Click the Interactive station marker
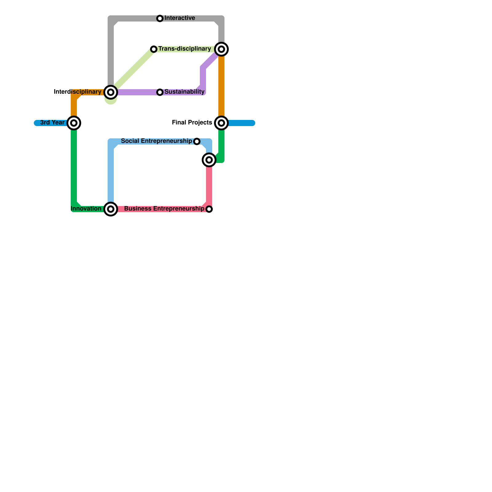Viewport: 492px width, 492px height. pyautogui.click(x=160, y=18)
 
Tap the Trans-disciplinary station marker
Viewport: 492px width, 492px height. pyautogui.click(x=154, y=49)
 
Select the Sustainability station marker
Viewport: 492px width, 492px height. pyautogui.click(x=160, y=92)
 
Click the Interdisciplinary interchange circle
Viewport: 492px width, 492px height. pyautogui.click(x=111, y=92)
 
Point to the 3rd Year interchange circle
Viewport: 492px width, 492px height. pyautogui.click(x=74, y=123)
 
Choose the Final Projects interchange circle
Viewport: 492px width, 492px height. pyautogui.click(x=221, y=123)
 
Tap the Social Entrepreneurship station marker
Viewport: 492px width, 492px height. pyautogui.click(x=197, y=141)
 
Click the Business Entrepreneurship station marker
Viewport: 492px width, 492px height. pyautogui.click(x=209, y=209)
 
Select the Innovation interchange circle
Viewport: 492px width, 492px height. pyautogui.click(x=111, y=209)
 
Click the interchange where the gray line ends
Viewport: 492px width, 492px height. pyautogui.click(x=221, y=49)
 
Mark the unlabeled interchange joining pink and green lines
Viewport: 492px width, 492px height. pyautogui.click(x=209, y=160)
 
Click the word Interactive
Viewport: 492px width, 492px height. pyautogui.click(x=180, y=18)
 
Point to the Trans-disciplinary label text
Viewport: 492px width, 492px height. pyautogui.click(x=184, y=49)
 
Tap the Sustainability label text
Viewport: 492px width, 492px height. pyautogui.click(x=184, y=92)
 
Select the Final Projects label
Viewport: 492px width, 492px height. pyautogui.click(x=192, y=123)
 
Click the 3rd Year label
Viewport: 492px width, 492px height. pyautogui.click(x=52, y=123)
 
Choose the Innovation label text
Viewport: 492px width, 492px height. pyautogui.click(x=86, y=209)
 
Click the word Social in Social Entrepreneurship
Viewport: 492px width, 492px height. pyautogui.click(x=130, y=141)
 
